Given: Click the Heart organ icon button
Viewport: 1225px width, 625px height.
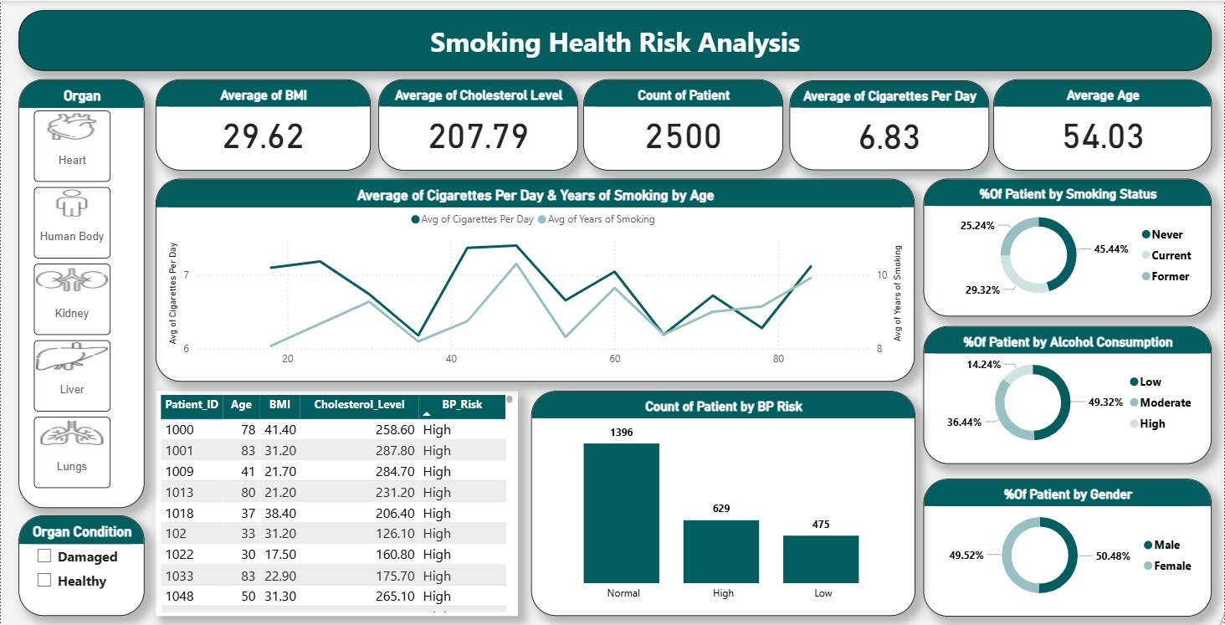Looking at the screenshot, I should pyautogui.click(x=72, y=146).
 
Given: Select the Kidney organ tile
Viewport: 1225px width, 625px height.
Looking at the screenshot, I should pyautogui.click(x=72, y=299).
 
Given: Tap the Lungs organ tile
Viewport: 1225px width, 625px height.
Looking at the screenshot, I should pyautogui.click(x=72, y=452).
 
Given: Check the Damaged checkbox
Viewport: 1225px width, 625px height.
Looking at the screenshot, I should pyautogui.click(x=45, y=556).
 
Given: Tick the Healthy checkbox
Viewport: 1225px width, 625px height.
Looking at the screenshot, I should pyautogui.click(x=45, y=581).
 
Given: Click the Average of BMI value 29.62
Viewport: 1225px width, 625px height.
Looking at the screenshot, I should pyautogui.click(x=263, y=136).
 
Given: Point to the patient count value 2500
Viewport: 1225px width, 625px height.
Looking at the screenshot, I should pyautogui.click(x=684, y=136).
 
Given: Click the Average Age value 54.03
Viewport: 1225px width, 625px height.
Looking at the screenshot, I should pyautogui.click(x=1102, y=136).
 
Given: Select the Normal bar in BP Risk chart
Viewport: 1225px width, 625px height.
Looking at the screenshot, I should pyautogui.click(x=622, y=512).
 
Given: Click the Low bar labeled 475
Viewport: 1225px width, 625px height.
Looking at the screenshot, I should pyautogui.click(x=821, y=558).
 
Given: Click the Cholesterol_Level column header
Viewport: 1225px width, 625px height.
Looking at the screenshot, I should pyautogui.click(x=359, y=404).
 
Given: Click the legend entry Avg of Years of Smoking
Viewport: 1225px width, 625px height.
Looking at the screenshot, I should pyautogui.click(x=597, y=219).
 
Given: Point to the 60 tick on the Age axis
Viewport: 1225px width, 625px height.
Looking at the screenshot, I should pyautogui.click(x=615, y=359).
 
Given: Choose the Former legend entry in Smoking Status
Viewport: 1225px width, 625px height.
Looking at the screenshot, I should pyautogui.click(x=1169, y=276).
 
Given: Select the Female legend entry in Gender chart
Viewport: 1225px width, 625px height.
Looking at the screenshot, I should pyautogui.click(x=1171, y=566).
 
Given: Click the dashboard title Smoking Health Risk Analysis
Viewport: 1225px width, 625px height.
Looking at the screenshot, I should pyautogui.click(x=614, y=42).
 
